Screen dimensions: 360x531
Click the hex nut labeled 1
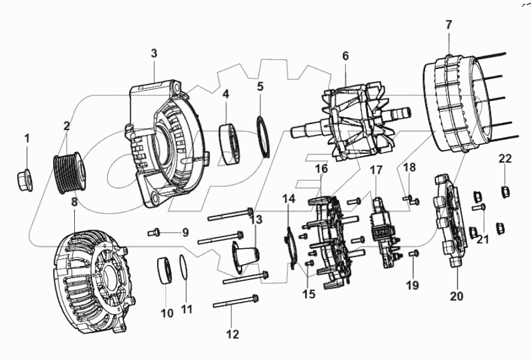pyautogui.click(x=25, y=180)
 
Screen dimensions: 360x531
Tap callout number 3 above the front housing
pyautogui.click(x=154, y=54)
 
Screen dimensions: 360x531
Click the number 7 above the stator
pyautogui.click(x=448, y=25)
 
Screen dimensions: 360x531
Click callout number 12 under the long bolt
pyautogui.click(x=232, y=334)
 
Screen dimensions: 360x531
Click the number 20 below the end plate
pyautogui.click(x=457, y=296)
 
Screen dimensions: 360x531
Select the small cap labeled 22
pyautogui.click(x=505, y=190)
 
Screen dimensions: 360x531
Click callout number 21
pyautogui.click(x=483, y=240)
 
